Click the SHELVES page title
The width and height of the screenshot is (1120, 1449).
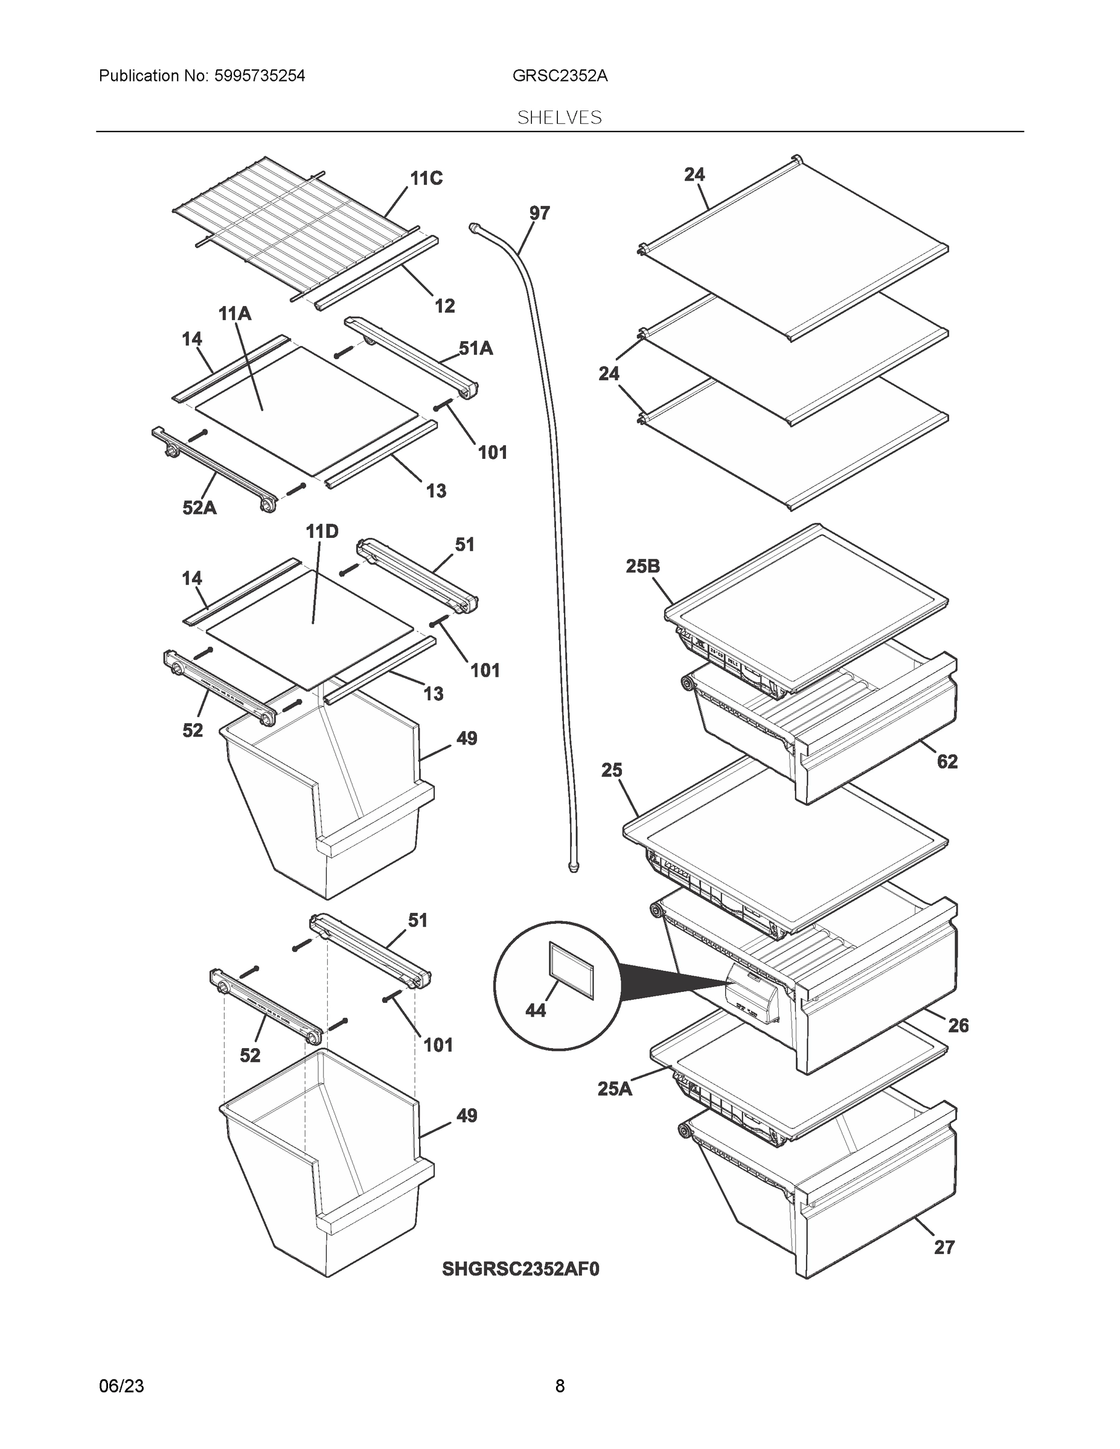pyautogui.click(x=559, y=118)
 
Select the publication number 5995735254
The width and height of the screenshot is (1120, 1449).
pyautogui.click(x=260, y=75)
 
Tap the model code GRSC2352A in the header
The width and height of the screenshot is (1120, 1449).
pyautogui.click(x=559, y=75)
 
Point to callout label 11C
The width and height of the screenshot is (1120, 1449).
pyautogui.click(x=426, y=179)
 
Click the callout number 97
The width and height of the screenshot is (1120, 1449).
pyautogui.click(x=539, y=213)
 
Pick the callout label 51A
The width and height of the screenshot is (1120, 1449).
pyautogui.click(x=476, y=348)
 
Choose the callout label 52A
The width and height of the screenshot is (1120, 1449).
pyautogui.click(x=199, y=508)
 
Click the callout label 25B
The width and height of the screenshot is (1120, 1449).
pyautogui.click(x=642, y=566)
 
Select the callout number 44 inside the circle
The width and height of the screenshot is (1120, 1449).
pyautogui.click(x=536, y=1010)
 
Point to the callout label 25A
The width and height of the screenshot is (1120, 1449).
pyautogui.click(x=615, y=1089)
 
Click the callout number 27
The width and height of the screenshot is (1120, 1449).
pyautogui.click(x=944, y=1247)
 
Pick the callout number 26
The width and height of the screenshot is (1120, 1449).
pyautogui.click(x=958, y=1026)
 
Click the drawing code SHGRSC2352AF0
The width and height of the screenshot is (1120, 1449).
pyautogui.click(x=520, y=1268)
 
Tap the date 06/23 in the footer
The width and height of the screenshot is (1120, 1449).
pyautogui.click(x=121, y=1386)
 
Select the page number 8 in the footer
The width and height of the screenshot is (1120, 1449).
pyautogui.click(x=559, y=1386)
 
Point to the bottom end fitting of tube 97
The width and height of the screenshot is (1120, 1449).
pyautogui.click(x=573, y=866)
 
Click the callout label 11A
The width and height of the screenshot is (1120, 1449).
pyautogui.click(x=235, y=313)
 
